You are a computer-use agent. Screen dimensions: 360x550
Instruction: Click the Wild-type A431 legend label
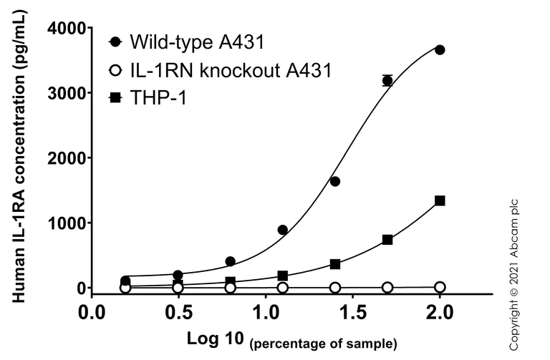[x=197, y=42]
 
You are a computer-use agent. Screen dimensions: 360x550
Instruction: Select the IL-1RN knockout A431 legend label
[x=231, y=70]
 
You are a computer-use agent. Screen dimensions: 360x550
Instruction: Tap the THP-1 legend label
[x=158, y=98]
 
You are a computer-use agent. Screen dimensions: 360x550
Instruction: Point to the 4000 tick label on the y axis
[x=66, y=29]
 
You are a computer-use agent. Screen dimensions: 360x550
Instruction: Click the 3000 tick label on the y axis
[x=66, y=94]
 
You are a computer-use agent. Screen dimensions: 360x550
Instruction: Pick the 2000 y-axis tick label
[x=66, y=158]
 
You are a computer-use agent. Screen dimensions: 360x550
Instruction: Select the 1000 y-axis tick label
[x=66, y=223]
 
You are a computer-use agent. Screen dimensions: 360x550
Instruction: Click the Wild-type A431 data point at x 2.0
[x=440, y=50]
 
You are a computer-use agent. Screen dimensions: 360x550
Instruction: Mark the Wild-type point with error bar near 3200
[x=387, y=81]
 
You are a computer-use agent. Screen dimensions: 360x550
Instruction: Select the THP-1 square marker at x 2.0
[x=440, y=201]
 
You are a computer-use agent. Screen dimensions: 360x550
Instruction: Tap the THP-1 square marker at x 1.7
[x=387, y=240]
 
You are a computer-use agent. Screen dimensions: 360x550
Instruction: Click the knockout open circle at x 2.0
[x=440, y=287]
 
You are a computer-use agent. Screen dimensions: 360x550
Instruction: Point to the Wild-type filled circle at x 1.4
[x=335, y=182]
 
